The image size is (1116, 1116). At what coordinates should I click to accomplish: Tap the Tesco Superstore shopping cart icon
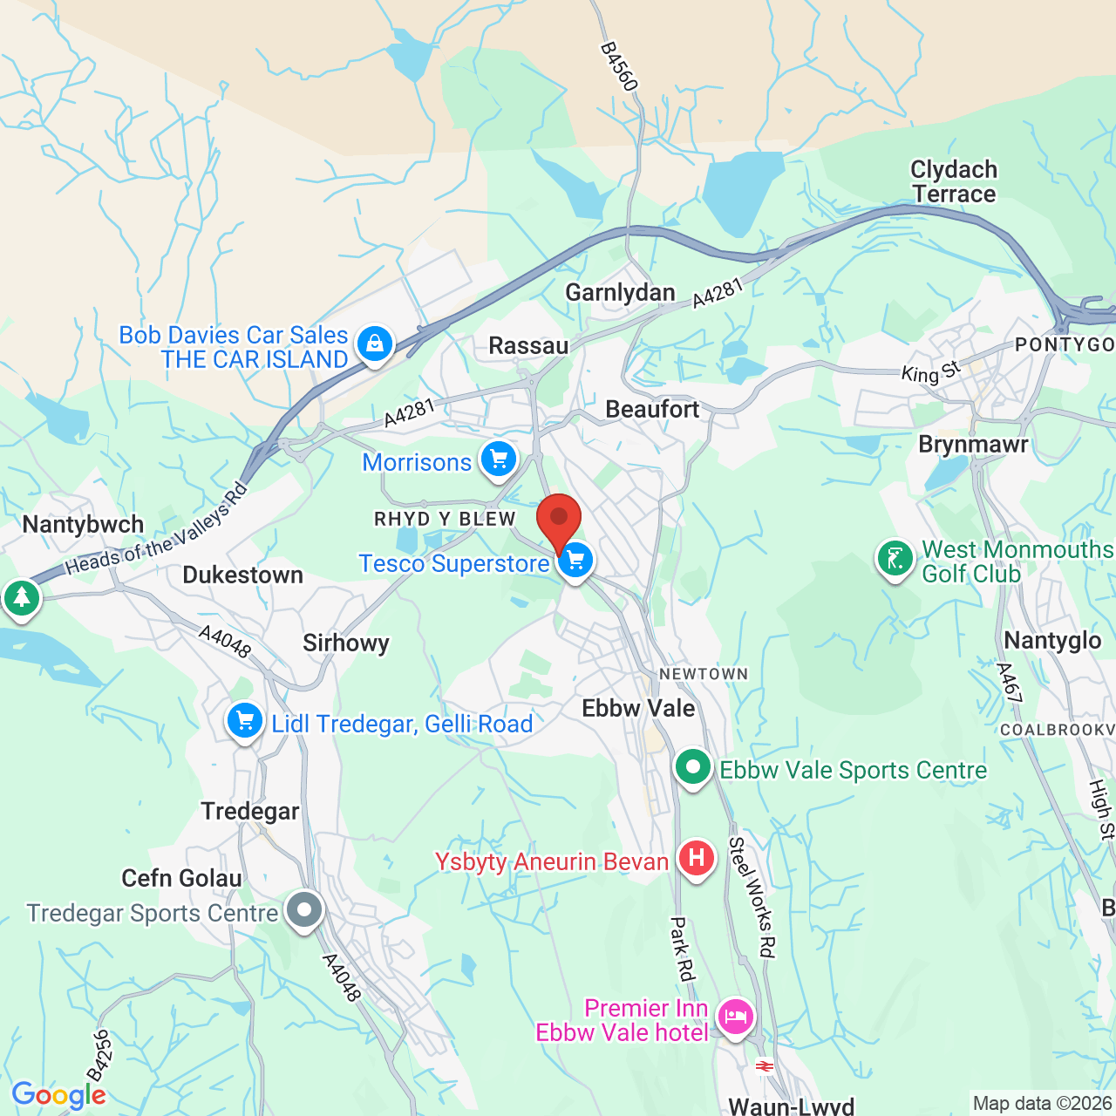pos(575,560)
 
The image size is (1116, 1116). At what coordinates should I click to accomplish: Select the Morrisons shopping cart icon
pos(499,459)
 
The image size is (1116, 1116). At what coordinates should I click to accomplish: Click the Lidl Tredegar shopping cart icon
pos(245,721)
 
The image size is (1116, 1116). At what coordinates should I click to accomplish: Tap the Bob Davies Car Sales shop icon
pos(375,343)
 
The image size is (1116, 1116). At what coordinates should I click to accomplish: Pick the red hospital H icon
pos(696,858)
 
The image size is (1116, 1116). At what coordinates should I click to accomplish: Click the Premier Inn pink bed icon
pos(736,1016)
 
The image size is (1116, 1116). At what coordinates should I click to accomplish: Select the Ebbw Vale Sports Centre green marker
pos(693,767)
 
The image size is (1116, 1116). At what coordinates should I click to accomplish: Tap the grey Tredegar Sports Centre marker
pos(304,910)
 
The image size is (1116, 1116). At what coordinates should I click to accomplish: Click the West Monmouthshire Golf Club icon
pos(895,558)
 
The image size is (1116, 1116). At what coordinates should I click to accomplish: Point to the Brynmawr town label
pos(973,445)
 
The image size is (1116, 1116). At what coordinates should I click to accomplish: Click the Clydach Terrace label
pos(954,181)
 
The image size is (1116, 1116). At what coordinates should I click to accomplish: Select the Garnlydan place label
pos(620,293)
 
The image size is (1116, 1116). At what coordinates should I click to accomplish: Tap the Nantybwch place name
pos(83,525)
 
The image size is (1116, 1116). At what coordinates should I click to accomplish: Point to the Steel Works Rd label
pos(752,897)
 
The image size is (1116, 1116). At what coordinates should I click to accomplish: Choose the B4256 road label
pos(99,1056)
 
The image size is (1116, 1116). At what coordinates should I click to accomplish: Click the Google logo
pos(58,1095)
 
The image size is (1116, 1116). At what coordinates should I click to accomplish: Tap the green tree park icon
pos(21,598)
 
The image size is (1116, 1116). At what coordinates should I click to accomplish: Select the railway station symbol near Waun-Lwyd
pos(765,1066)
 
